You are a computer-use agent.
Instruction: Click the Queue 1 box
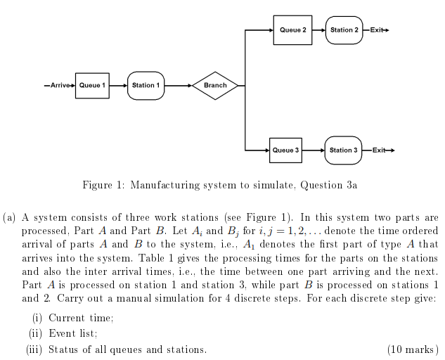[92, 86]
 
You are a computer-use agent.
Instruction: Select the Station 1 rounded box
[146, 86]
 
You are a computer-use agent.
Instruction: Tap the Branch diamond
[215, 86]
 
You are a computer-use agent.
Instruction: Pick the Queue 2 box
[292, 30]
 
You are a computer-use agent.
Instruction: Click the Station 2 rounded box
[344, 30]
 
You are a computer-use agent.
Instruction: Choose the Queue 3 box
[285, 150]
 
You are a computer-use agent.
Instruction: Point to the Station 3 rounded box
[343, 150]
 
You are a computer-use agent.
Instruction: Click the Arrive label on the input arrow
[60, 86]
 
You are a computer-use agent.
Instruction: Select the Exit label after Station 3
[379, 150]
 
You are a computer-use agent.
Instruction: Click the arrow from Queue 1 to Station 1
[118, 86]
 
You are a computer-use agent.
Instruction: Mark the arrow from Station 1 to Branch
[179, 86]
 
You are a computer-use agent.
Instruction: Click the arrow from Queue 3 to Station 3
[313, 150]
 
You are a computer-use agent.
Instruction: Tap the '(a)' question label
[10, 219]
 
